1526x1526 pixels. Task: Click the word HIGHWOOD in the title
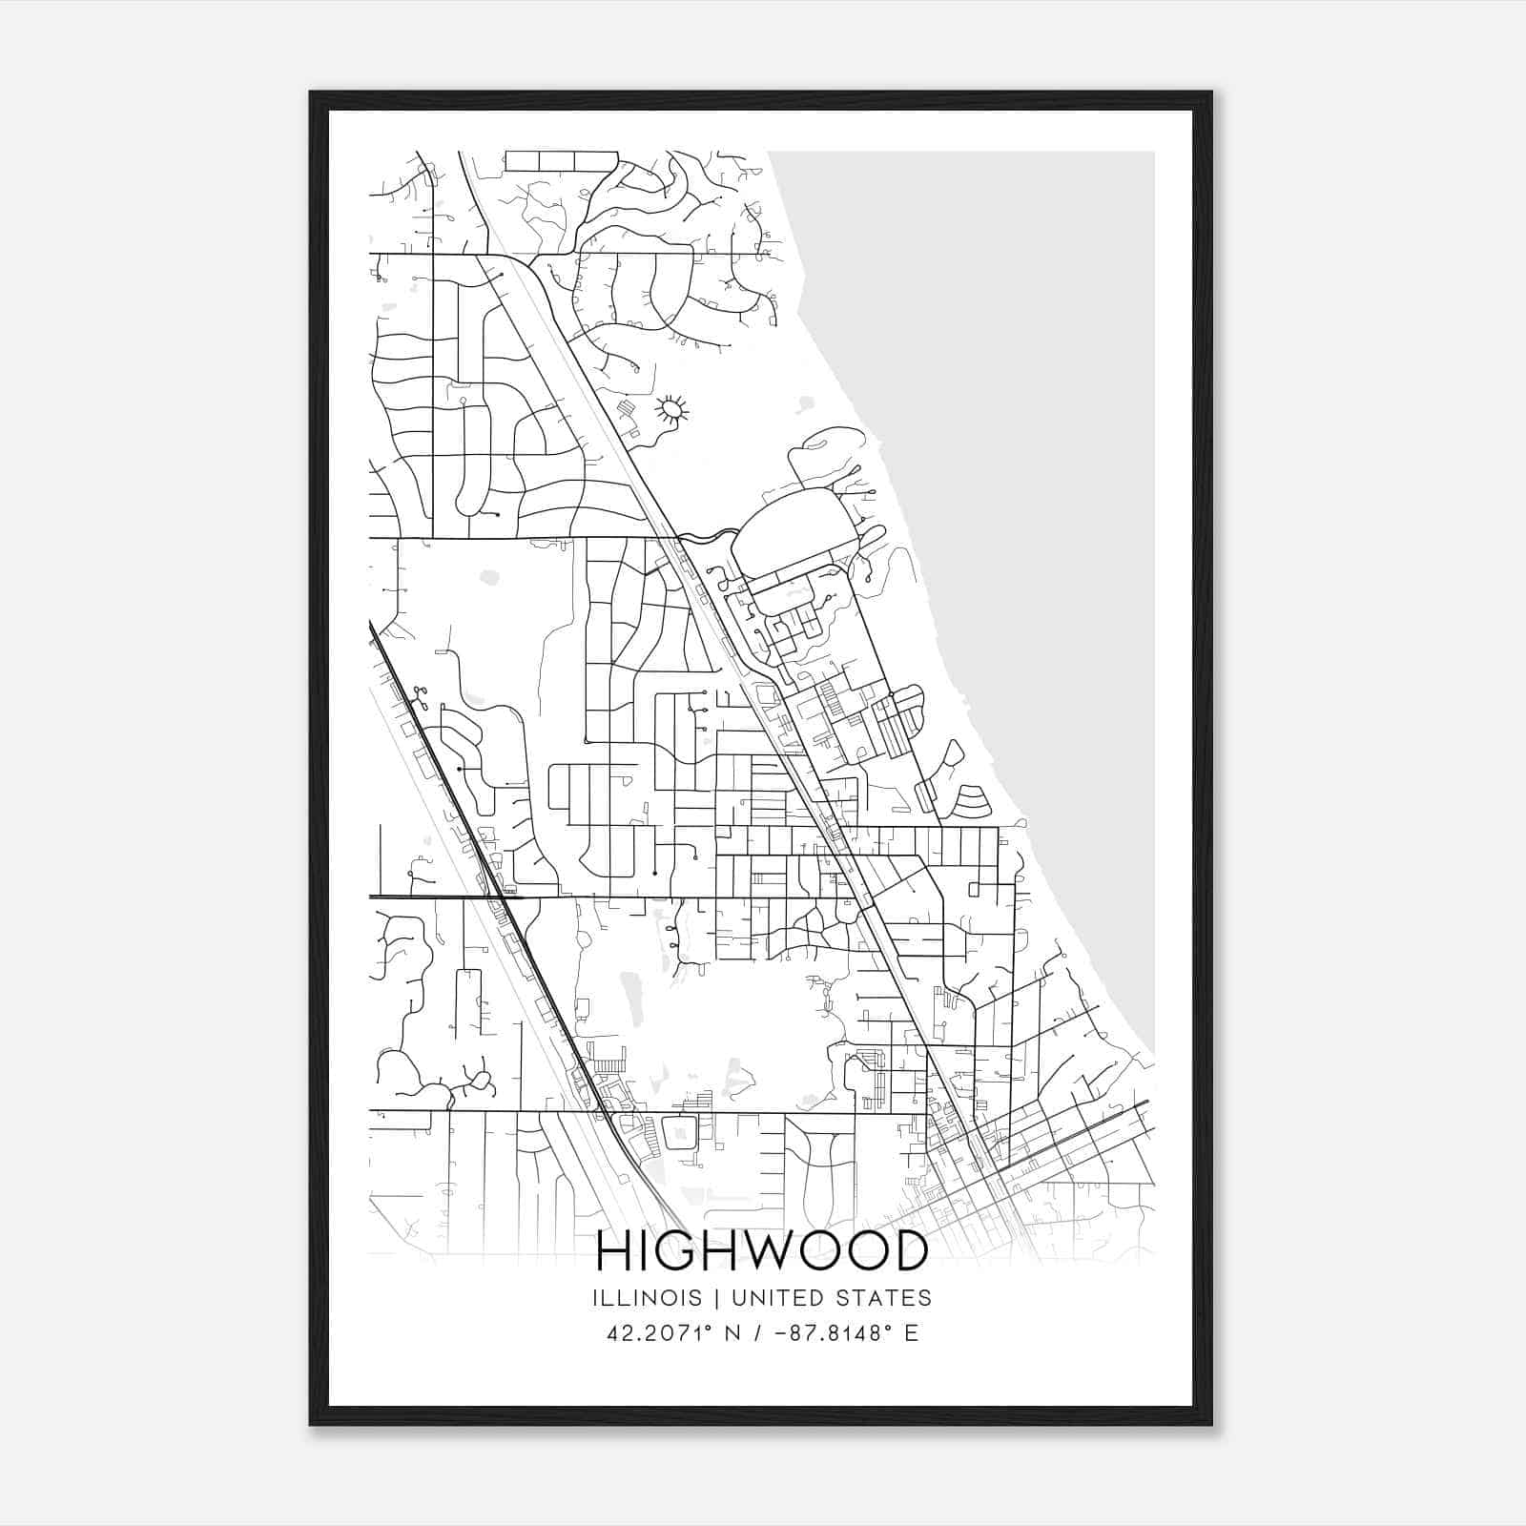coord(762,1250)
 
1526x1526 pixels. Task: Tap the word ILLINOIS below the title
coord(647,1298)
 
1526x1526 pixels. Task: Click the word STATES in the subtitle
coord(886,1298)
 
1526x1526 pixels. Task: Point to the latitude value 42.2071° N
coord(674,1333)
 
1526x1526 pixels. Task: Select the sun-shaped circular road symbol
coord(671,410)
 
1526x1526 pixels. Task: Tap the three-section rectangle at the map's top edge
coord(561,160)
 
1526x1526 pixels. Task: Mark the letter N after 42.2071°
coord(733,1333)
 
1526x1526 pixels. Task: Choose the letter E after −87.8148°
coord(911,1333)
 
